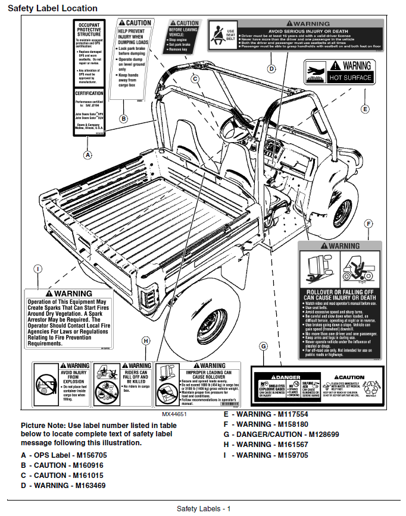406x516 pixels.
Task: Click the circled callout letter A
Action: [88, 155]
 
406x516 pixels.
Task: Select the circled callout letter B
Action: [124, 118]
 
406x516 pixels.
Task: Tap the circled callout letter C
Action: [195, 78]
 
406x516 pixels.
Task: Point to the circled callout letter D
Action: [271, 69]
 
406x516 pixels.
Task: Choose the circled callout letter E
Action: [365, 109]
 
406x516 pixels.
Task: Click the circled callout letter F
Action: [368, 224]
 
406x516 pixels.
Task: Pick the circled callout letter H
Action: [146, 341]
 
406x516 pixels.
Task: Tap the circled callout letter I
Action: [38, 269]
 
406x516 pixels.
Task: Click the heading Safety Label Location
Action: [52, 8]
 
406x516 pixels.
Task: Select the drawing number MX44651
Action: [174, 414]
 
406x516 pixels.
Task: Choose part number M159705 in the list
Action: [293, 455]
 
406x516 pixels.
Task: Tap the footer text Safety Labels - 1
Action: [203, 508]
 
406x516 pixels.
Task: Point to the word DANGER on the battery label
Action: [288, 377]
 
